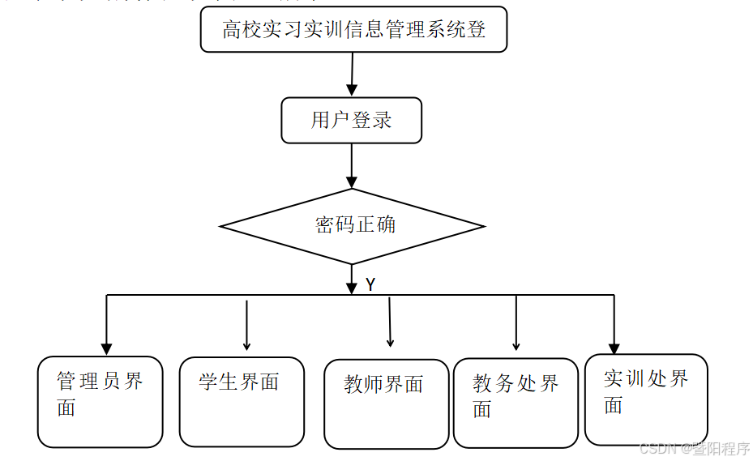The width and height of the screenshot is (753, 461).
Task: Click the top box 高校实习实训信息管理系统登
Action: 353,30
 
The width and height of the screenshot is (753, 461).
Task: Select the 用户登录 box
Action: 351,121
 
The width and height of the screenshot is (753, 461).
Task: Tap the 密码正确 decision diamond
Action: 353,225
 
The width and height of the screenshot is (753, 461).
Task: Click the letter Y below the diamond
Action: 370,285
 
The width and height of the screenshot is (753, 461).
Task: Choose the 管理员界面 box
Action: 101,402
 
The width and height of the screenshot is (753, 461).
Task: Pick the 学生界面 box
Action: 242,402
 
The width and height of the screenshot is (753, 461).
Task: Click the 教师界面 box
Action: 386,403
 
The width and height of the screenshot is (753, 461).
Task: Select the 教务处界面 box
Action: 516,403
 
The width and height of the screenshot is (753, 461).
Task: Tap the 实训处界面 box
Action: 646,399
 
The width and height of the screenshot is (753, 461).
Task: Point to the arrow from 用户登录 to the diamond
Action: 352,166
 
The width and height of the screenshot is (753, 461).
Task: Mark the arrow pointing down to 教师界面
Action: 390,322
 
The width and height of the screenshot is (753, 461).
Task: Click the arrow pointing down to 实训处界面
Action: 614,324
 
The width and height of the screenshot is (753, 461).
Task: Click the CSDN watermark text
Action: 694,449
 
